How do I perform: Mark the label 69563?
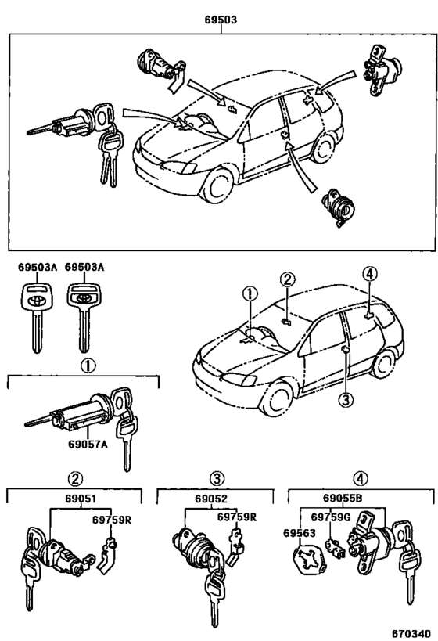299,533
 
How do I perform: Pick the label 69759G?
328,518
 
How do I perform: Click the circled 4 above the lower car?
369,275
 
